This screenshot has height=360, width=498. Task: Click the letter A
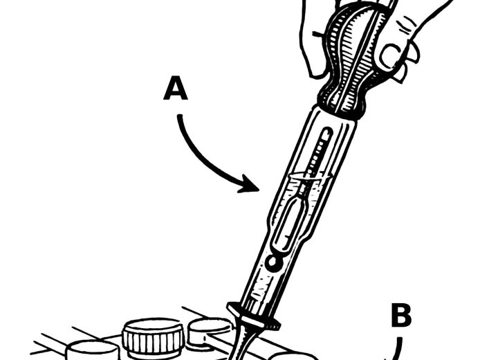tap(176, 90)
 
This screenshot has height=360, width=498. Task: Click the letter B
tap(401, 316)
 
